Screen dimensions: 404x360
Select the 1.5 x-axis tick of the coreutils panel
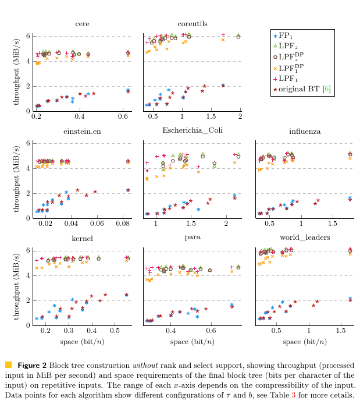[211, 118]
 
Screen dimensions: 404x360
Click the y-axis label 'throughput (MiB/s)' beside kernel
[17, 283]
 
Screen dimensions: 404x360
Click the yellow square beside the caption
[8, 365]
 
